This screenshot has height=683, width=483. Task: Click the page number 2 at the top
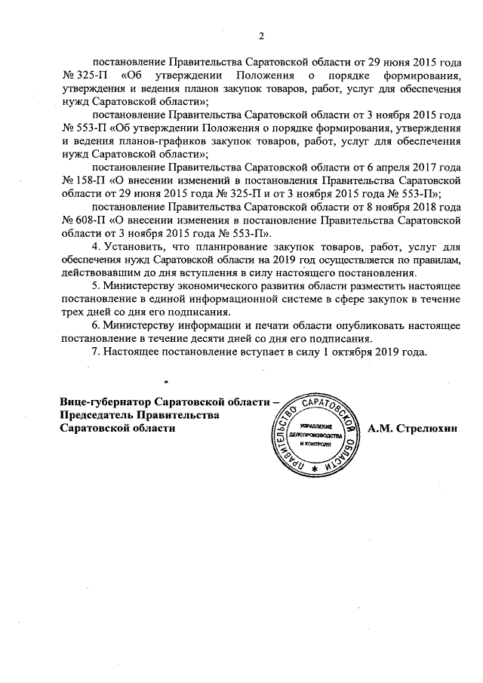pyautogui.click(x=261, y=35)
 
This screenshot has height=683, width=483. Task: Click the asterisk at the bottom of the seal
pyautogui.click(x=314, y=469)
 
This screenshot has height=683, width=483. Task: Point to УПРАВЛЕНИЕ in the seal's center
pyautogui.click(x=312, y=426)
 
